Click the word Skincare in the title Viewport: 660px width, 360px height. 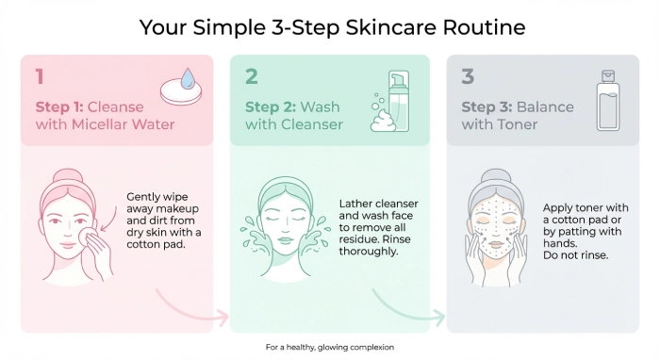tap(390, 27)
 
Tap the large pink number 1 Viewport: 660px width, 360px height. tap(40, 76)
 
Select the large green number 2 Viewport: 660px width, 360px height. tap(252, 76)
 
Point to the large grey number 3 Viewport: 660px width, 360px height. tap(468, 76)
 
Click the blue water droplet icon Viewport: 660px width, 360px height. tap(188, 78)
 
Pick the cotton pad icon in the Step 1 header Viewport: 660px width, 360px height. tap(181, 92)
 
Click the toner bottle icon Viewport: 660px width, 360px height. tap(608, 100)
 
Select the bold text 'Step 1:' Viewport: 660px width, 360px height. tap(59, 106)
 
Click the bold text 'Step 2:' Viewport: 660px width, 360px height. tap(271, 106)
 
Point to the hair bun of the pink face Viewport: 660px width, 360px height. tap(68, 175)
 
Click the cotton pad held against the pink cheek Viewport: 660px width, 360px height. tap(88, 237)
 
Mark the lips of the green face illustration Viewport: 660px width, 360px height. tap(286, 239)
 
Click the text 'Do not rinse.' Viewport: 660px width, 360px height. tap(575, 255)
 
